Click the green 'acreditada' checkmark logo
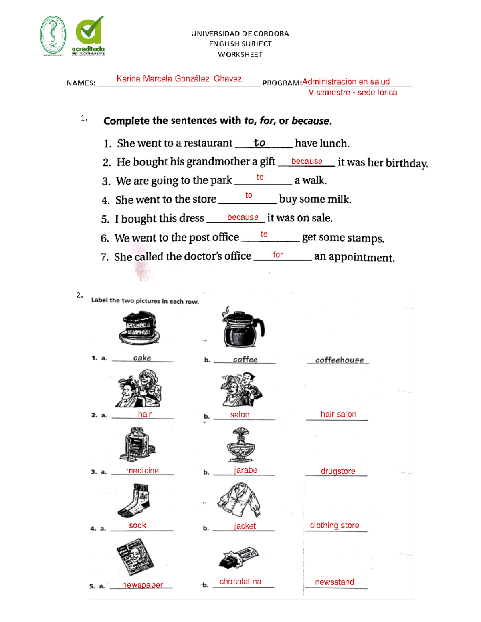[89, 35]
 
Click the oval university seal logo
[53, 35]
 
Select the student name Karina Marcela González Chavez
[179, 79]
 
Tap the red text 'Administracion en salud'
[346, 82]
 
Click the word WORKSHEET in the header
[240, 55]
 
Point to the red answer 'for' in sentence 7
[278, 255]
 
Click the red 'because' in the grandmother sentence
[307, 161]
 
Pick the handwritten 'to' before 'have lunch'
[259, 143]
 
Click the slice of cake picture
[139, 328]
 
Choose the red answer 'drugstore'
[338, 471]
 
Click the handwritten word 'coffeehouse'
[339, 360]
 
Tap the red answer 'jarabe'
[245, 470]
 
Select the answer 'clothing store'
[334, 525]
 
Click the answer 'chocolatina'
[240, 582]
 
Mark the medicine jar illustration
[137, 444]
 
